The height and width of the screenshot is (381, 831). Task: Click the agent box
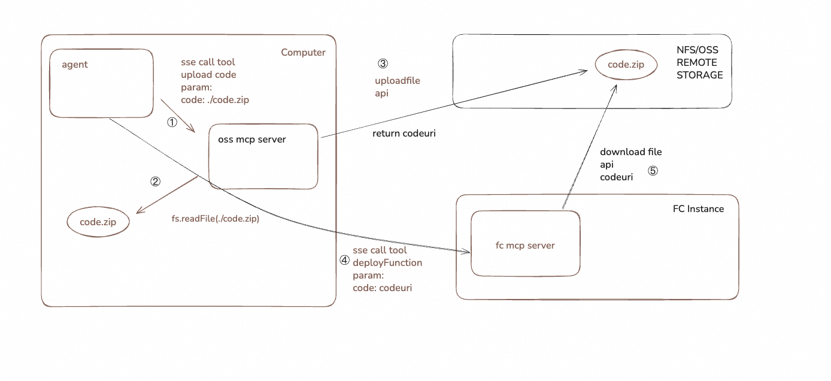click(x=101, y=83)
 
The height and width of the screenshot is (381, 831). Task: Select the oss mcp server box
click(x=263, y=157)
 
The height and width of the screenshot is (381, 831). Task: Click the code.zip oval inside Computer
click(x=98, y=222)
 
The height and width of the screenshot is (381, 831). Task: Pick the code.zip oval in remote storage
click(x=626, y=65)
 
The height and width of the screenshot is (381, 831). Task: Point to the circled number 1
click(x=172, y=122)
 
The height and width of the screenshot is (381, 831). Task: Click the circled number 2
click(x=155, y=182)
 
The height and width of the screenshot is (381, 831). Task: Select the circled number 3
click(x=383, y=63)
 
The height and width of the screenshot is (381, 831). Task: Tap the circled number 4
click(x=344, y=261)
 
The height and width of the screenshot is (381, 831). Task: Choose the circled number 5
click(x=653, y=171)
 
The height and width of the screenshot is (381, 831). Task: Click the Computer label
click(x=303, y=53)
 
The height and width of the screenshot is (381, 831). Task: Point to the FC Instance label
click(x=698, y=209)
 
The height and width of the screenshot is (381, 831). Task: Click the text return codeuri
click(x=404, y=134)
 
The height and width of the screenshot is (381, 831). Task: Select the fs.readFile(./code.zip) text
click(x=215, y=219)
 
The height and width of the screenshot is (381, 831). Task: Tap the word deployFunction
click(x=387, y=263)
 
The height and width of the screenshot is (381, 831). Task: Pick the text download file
click(x=631, y=152)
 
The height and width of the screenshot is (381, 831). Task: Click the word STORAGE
click(x=699, y=75)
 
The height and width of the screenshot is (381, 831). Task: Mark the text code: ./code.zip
click(x=215, y=100)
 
